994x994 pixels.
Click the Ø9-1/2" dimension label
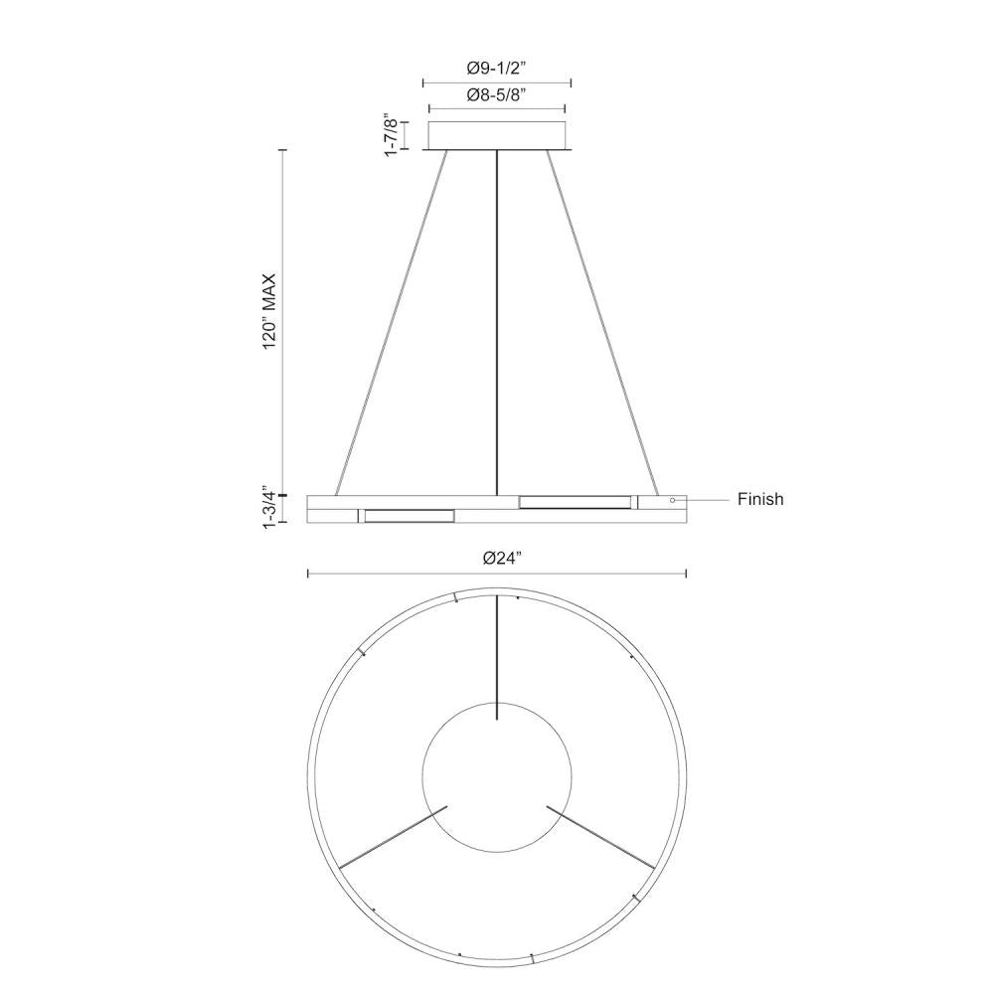[497, 68]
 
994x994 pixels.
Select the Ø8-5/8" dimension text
[497, 95]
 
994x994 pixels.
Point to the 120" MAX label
[269, 310]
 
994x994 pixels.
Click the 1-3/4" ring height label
[269, 508]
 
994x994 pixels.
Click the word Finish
[760, 500]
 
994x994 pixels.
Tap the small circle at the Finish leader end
[673, 500]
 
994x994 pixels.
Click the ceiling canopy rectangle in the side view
[497, 135]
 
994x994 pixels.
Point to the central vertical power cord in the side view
[497, 323]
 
